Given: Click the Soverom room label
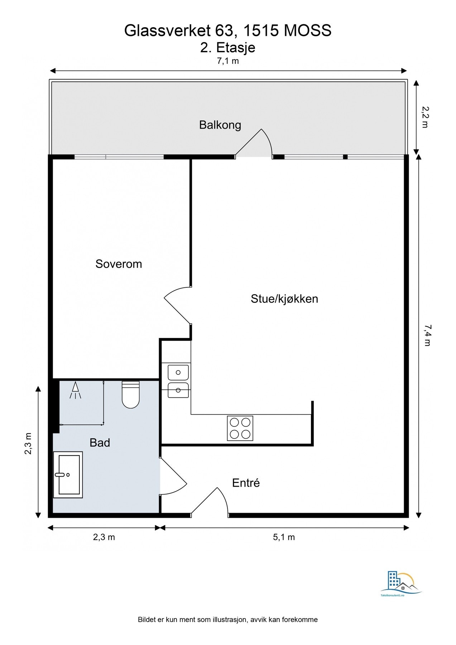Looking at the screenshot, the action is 119,264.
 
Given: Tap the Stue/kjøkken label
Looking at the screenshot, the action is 284,299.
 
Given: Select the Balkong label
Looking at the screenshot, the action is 220,125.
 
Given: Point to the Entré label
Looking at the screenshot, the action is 246,483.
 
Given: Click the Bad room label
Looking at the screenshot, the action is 100,443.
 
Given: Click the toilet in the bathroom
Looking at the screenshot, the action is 130,395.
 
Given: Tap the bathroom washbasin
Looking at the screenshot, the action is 68,475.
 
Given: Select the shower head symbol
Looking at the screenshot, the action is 75,390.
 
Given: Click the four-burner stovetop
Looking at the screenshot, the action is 240,428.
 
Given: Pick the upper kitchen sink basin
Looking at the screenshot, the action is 178,373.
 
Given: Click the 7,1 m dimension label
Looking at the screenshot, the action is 228,61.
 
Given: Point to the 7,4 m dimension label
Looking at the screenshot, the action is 427,335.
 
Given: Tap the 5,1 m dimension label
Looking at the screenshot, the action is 284,537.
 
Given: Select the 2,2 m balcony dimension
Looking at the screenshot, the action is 425,117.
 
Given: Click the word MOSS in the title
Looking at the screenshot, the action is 308,31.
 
